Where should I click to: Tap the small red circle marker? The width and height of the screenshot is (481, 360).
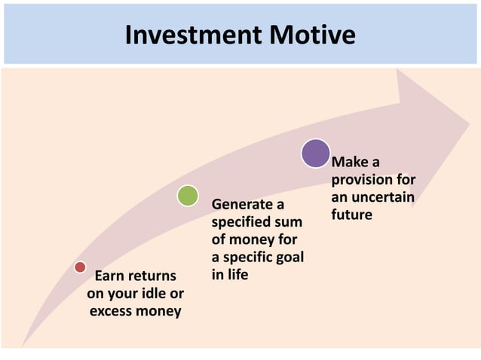tap(80, 267)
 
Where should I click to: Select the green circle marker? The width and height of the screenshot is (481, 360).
tap(188, 196)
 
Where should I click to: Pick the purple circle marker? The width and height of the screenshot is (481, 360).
tap(315, 153)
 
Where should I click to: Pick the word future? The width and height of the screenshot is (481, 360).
tap(351, 215)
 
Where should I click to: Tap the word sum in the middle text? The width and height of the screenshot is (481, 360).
tap(290, 222)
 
